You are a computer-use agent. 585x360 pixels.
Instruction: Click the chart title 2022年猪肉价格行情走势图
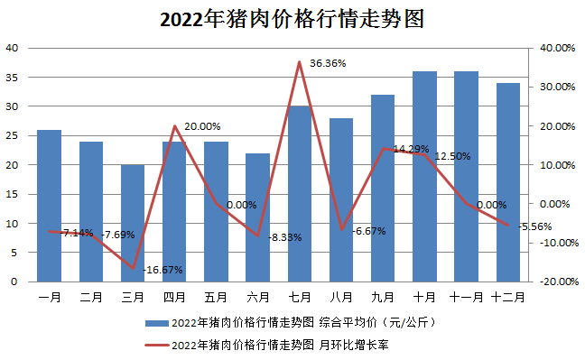[292, 20]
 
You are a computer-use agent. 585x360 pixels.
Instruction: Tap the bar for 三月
[133, 223]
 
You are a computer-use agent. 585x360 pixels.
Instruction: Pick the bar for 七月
[299, 194]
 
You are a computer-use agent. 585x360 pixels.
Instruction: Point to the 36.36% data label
[328, 64]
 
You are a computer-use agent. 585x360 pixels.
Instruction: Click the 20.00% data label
[202, 127]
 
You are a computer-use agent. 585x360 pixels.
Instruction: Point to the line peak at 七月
[299, 62]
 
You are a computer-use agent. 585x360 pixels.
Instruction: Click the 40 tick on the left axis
[12, 48]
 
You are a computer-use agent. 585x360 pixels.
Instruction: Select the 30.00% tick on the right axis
[557, 88]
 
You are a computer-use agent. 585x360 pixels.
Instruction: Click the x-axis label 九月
[382, 295]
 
